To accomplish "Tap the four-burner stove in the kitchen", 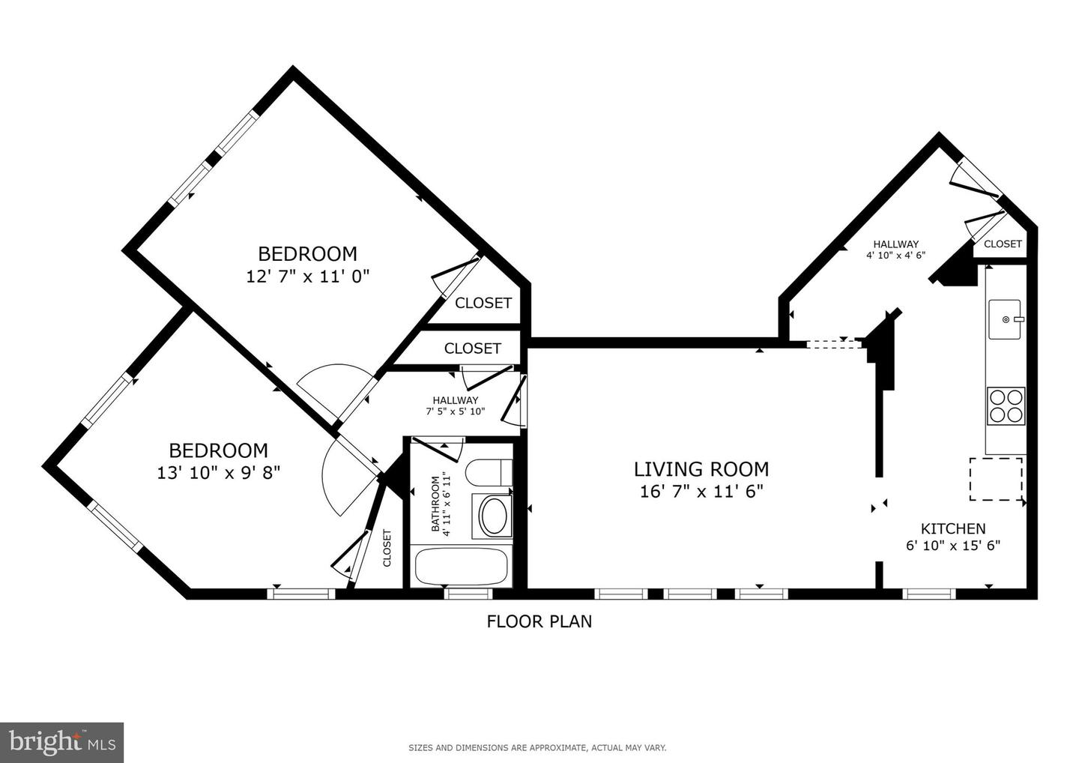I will click(x=1006, y=405).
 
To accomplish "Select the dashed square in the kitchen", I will click(x=996, y=479).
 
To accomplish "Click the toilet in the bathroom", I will click(x=488, y=473).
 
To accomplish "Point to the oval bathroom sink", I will click(x=492, y=516).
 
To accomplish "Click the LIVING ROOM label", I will click(x=701, y=469).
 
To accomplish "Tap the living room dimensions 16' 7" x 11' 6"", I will click(x=701, y=492).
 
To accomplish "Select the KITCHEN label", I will click(x=953, y=528).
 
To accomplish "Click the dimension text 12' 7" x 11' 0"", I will click(x=308, y=277).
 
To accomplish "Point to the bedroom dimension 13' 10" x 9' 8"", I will click(x=219, y=473).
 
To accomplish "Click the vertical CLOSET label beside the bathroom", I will click(x=387, y=548).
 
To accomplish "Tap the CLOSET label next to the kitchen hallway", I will click(x=1003, y=244).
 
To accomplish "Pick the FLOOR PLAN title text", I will click(x=539, y=621).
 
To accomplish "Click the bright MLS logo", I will click(x=61, y=742).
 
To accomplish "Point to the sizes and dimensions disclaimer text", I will click(x=537, y=747).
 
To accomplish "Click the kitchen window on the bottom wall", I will click(x=929, y=594).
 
